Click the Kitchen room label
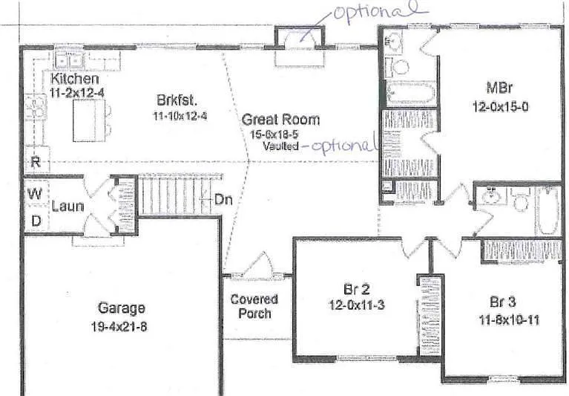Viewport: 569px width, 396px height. pyautogui.click(x=75, y=79)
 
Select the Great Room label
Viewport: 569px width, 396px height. pyautogui.click(x=281, y=119)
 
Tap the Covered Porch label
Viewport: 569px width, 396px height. pyautogui.click(x=254, y=306)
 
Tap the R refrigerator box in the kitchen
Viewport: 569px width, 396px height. pyautogui.click(x=35, y=160)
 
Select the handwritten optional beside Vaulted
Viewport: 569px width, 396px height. pyautogui.click(x=343, y=146)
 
